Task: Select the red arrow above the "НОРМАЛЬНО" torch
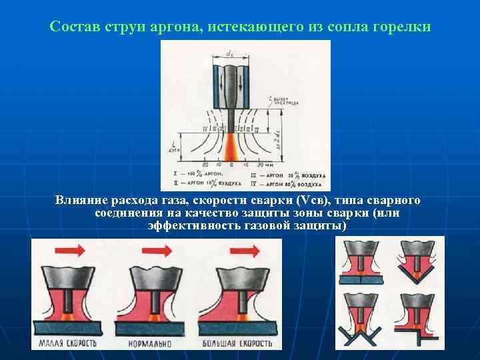[156, 250]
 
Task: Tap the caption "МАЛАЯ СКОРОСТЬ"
[69, 344]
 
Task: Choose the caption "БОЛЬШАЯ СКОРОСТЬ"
[239, 344]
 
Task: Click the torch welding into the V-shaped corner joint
[419, 257]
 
